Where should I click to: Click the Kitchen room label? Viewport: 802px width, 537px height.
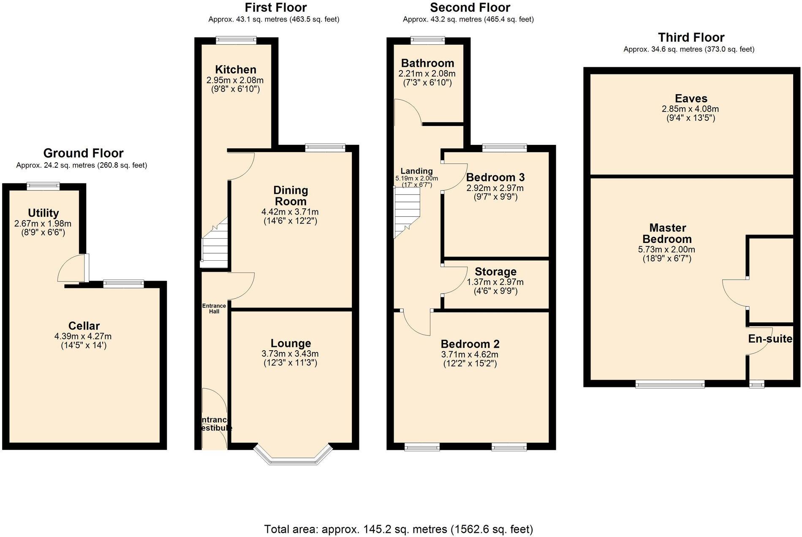(x=235, y=70)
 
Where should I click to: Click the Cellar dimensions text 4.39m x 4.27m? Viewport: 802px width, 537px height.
(x=83, y=337)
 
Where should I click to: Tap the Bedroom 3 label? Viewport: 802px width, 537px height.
(x=495, y=177)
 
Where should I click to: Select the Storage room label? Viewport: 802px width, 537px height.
(x=495, y=272)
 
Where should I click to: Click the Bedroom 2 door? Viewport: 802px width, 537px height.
(x=416, y=323)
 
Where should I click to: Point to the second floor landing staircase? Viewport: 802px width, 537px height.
(x=407, y=213)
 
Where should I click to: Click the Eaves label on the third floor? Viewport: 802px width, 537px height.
(x=691, y=98)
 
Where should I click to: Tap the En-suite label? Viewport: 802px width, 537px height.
(x=770, y=339)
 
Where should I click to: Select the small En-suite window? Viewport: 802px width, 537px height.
(x=756, y=384)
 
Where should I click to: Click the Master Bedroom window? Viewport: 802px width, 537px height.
(x=670, y=384)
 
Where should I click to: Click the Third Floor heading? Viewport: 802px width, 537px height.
(x=691, y=38)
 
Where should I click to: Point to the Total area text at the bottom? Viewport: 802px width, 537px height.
(x=398, y=529)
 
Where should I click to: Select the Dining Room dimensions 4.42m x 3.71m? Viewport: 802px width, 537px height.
(x=290, y=212)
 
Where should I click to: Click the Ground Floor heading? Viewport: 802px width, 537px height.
(x=83, y=153)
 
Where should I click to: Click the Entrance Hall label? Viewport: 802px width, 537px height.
(x=214, y=308)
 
